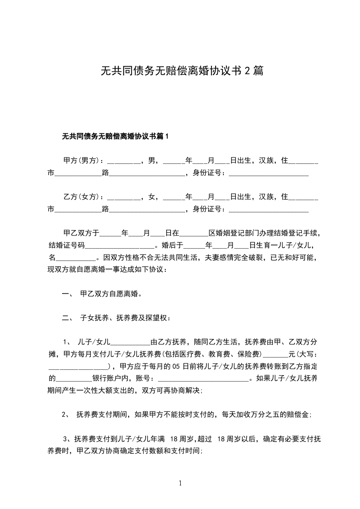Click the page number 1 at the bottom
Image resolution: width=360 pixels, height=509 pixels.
click(x=180, y=483)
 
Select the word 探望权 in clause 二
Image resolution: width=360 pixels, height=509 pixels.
click(x=155, y=318)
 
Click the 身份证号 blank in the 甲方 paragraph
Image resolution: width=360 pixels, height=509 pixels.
click(x=268, y=173)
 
